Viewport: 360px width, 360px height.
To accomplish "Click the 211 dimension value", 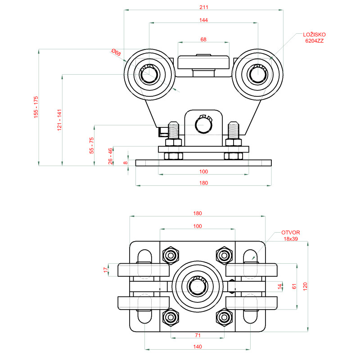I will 204,7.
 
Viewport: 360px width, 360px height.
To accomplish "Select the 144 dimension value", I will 204,20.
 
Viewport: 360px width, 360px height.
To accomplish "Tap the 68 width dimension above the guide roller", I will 203,40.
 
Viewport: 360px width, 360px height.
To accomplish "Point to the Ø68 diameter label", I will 116,53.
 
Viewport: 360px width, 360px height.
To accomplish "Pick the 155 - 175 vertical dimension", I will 36,107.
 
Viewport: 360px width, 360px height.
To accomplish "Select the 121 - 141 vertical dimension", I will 59,120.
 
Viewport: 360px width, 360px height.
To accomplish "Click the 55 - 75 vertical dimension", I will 91,145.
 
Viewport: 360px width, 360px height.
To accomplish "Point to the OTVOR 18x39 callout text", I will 290,235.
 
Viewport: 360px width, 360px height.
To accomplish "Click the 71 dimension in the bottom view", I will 198,335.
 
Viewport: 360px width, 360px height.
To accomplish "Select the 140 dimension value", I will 198,346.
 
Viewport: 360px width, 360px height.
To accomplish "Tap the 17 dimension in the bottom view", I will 106,270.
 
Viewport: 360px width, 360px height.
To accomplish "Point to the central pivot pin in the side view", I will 203,122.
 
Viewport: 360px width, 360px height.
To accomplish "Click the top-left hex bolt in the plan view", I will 170,255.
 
